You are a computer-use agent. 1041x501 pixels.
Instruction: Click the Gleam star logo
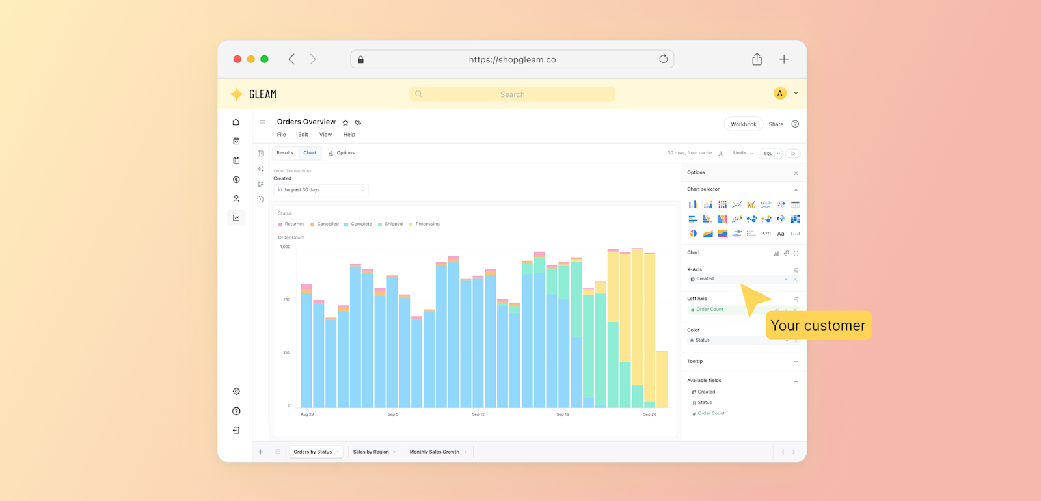(x=237, y=94)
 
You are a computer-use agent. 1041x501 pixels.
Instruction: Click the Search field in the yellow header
(x=512, y=94)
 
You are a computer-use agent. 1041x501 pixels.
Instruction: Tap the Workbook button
(x=743, y=124)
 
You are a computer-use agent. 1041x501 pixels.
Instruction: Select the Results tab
(x=285, y=153)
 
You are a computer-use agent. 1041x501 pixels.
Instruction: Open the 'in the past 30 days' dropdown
(x=321, y=190)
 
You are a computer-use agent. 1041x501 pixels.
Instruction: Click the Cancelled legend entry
(x=327, y=224)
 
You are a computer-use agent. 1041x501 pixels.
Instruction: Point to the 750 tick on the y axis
(x=286, y=300)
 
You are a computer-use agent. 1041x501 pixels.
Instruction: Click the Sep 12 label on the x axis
(x=478, y=414)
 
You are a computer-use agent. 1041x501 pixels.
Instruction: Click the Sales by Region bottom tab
(x=371, y=452)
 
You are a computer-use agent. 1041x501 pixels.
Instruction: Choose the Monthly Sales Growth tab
(x=434, y=452)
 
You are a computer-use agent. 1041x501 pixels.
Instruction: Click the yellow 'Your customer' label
(x=818, y=325)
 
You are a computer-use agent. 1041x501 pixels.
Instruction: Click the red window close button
(x=237, y=59)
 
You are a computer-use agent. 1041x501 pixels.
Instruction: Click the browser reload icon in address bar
(x=663, y=59)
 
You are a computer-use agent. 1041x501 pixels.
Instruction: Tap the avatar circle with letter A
(x=779, y=93)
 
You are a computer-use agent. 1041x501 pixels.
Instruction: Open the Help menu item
(x=349, y=135)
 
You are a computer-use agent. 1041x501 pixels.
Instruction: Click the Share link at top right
(x=776, y=124)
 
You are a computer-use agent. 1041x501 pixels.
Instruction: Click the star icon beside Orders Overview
(x=345, y=122)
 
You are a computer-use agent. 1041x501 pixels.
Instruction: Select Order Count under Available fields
(x=711, y=413)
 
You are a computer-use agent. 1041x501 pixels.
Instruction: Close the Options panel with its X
(x=796, y=173)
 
